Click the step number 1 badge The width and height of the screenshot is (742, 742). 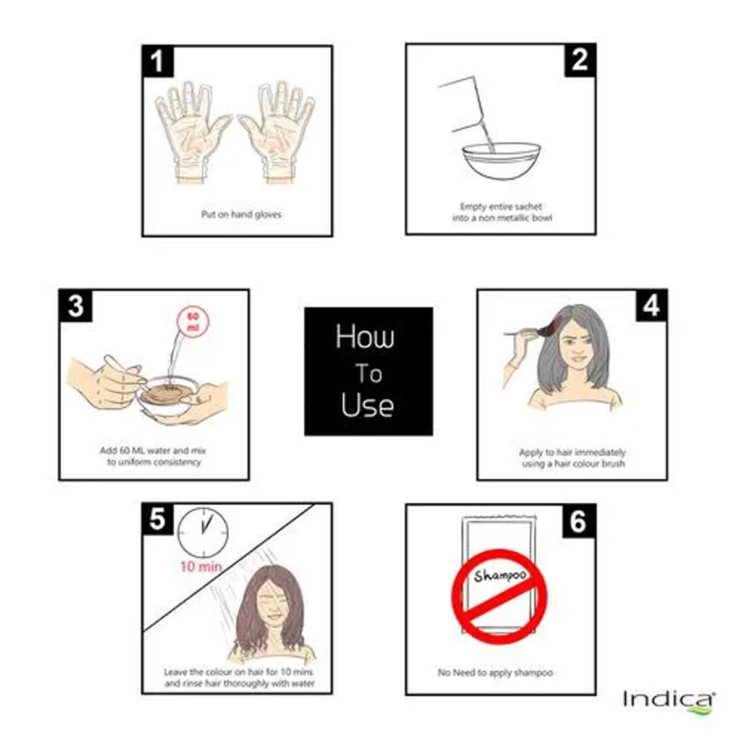click(x=158, y=61)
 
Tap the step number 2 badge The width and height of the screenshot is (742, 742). click(x=580, y=60)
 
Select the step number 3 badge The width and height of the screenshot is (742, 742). click(x=75, y=305)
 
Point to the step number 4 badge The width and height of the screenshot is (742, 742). click(x=651, y=305)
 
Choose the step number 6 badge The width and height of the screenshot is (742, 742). click(x=579, y=521)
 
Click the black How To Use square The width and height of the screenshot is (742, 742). click(x=369, y=371)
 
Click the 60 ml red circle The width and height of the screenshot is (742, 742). click(x=193, y=321)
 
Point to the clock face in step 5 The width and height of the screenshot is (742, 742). click(x=203, y=533)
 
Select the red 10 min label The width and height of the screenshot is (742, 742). click(x=201, y=566)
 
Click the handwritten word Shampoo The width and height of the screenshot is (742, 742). click(x=500, y=575)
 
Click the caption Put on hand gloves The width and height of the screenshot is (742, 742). click(x=241, y=215)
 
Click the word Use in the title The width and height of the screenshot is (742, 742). click(x=367, y=405)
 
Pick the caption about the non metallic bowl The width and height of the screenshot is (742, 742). click(x=501, y=212)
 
